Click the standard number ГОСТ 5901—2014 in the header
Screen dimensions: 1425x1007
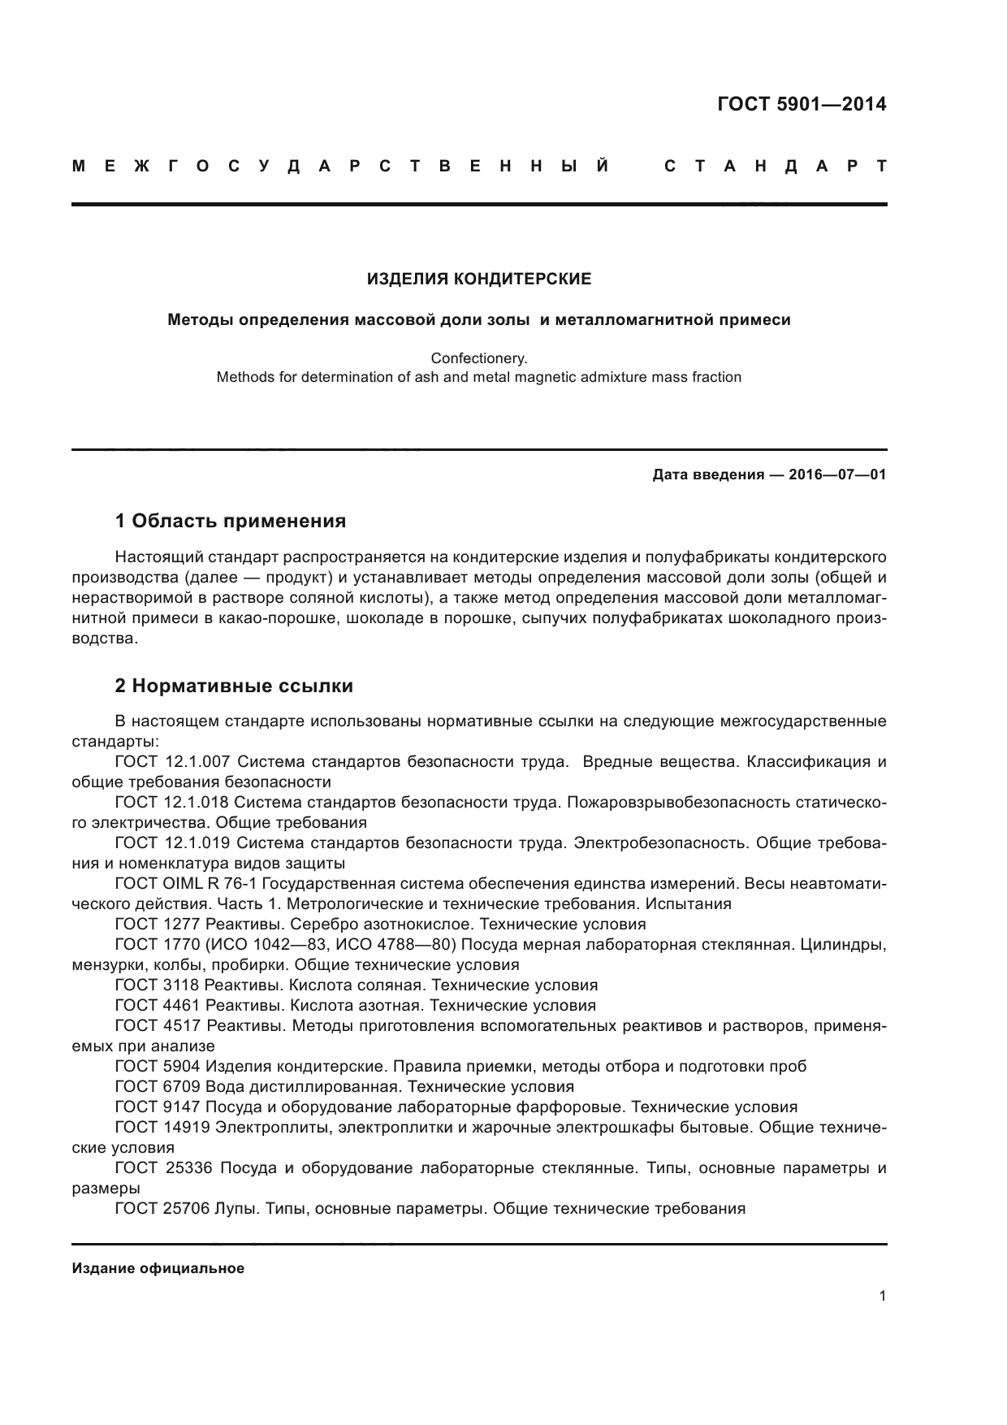[x=802, y=104]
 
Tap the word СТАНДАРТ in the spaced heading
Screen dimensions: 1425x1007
[x=775, y=167]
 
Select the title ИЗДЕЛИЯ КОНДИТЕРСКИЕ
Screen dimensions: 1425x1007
[x=479, y=279]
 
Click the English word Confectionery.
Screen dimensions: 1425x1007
[x=479, y=357]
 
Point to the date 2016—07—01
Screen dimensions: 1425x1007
[x=837, y=474]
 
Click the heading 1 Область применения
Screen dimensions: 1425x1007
[x=231, y=521]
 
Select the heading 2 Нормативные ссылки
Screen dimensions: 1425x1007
[x=234, y=686]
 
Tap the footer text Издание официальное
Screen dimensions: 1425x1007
[x=158, y=1268]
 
